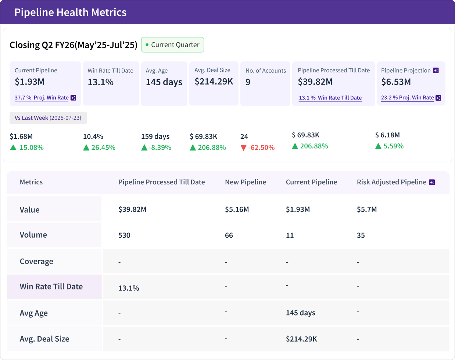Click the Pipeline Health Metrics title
pos(70,12)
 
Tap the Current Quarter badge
pos(172,45)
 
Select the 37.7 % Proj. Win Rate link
pos(42,98)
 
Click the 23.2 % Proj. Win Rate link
pos(408,98)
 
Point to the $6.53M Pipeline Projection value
pos(396,82)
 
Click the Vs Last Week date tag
pos(48,118)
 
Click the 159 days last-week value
pos(155,137)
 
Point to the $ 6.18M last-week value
pos(387,135)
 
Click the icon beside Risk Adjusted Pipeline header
pos(432,182)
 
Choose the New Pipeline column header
pos(246,182)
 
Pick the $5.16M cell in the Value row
pos(237,209)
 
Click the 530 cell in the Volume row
pos(124,235)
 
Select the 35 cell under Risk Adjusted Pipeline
pos(361,235)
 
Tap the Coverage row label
pos(36,262)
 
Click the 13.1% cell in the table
pos(129,288)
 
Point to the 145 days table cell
pos(300,313)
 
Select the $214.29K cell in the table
pos(301,339)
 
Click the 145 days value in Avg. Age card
pos(164,82)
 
